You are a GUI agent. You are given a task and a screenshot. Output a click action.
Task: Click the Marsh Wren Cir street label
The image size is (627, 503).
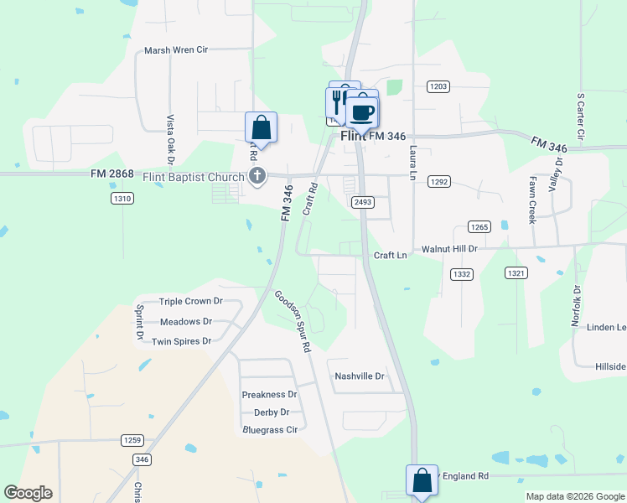[x=176, y=50]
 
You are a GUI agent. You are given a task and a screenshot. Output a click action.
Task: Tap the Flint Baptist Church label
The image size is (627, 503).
[x=194, y=176]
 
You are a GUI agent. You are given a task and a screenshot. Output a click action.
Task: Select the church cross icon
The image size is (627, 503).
[x=257, y=176]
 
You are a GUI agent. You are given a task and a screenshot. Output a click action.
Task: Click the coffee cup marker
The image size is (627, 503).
[x=362, y=111]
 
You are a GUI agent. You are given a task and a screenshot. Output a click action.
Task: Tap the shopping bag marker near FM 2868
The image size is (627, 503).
[x=261, y=128]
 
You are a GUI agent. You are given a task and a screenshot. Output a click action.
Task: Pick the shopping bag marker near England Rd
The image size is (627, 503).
[x=422, y=481]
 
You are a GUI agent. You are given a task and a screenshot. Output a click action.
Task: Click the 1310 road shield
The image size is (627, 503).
[x=122, y=198]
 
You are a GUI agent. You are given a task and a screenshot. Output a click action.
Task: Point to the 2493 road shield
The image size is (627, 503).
[x=363, y=202]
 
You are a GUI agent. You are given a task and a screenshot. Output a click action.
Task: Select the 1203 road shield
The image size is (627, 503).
[x=438, y=86]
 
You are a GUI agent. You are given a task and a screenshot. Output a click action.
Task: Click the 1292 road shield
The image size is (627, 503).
[x=438, y=181]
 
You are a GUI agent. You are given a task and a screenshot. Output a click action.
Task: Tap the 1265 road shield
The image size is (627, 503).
[x=479, y=227]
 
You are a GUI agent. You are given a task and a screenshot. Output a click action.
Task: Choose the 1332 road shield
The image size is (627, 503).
[x=462, y=274]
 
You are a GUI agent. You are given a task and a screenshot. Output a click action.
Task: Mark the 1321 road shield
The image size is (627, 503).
[x=516, y=273]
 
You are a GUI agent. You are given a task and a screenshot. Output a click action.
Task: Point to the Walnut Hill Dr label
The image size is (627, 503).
[x=448, y=249]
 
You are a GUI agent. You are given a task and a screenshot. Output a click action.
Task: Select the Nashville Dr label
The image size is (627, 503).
[x=359, y=376]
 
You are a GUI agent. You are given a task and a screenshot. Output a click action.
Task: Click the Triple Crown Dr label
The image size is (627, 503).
[x=190, y=302]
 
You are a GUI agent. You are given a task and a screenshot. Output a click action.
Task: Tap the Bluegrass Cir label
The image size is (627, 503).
[x=270, y=429]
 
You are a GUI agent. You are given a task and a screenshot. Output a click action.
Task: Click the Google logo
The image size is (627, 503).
[x=28, y=493]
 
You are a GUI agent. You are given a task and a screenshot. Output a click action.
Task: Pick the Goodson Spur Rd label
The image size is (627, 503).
[x=293, y=321]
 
